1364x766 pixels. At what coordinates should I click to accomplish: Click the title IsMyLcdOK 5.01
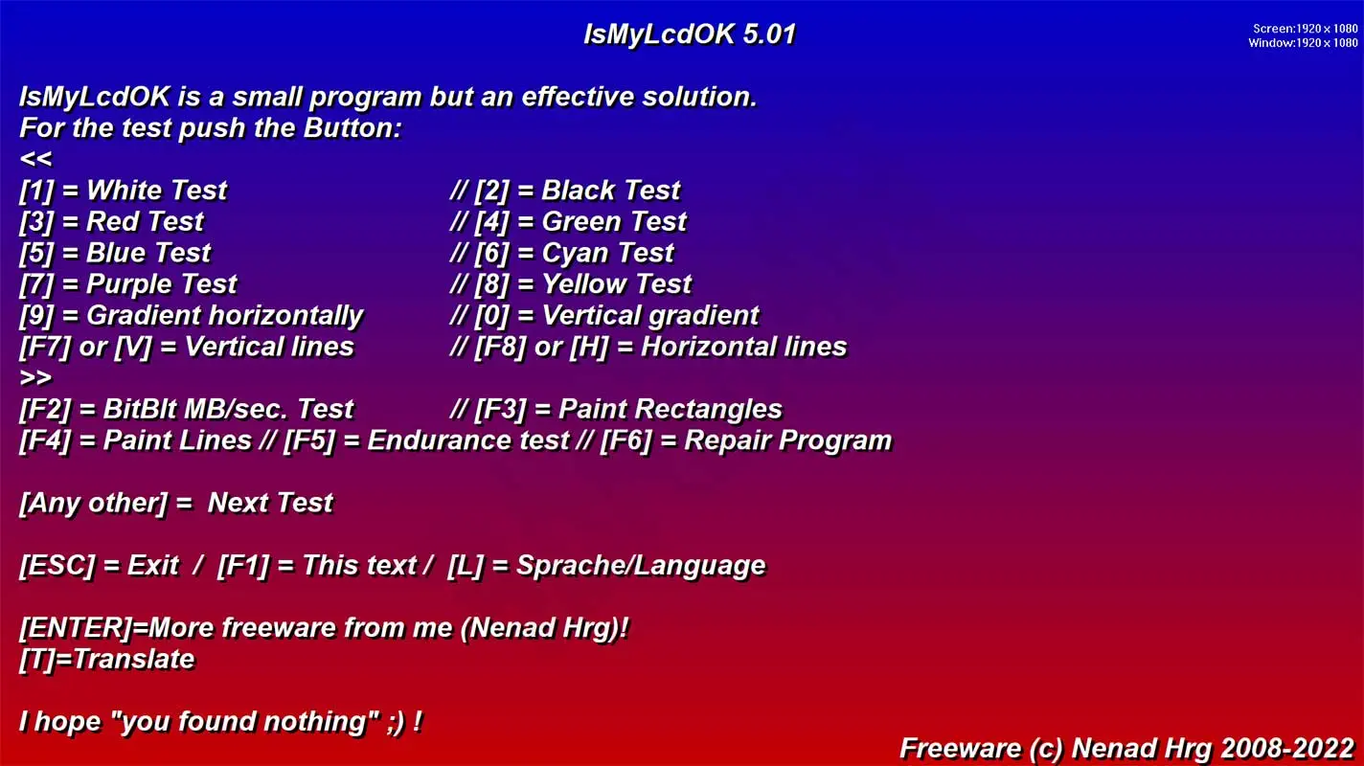tap(690, 34)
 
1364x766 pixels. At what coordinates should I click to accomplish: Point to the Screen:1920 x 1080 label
tap(1305, 29)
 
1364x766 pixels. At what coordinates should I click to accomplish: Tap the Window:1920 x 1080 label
tap(1303, 43)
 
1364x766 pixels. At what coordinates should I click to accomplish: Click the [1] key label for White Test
tap(36, 191)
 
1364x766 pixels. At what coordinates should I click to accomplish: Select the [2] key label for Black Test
tap(491, 191)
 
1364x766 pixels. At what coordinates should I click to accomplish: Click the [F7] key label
tap(45, 348)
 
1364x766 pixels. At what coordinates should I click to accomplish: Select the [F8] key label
tap(500, 348)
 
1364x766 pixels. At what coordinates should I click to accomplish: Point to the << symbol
tap(36, 160)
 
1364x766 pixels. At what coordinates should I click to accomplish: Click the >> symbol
tap(36, 378)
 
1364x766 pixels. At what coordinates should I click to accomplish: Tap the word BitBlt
tap(140, 409)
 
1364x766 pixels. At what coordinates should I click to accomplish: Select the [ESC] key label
tap(57, 566)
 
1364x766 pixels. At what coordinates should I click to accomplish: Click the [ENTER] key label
tap(76, 628)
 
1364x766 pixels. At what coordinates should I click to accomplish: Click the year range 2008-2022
tap(1287, 749)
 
